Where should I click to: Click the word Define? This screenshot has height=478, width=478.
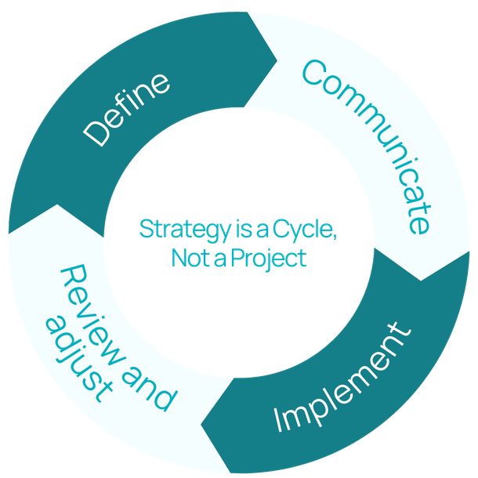pos(128,109)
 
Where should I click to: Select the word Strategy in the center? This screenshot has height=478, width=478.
pos(174,230)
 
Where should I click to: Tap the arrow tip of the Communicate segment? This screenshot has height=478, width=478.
pos(422,279)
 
